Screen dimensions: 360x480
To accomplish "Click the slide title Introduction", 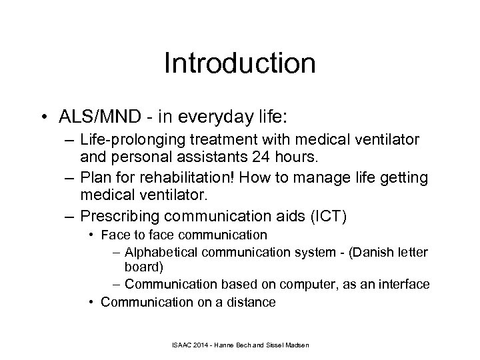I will [x=239, y=64].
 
